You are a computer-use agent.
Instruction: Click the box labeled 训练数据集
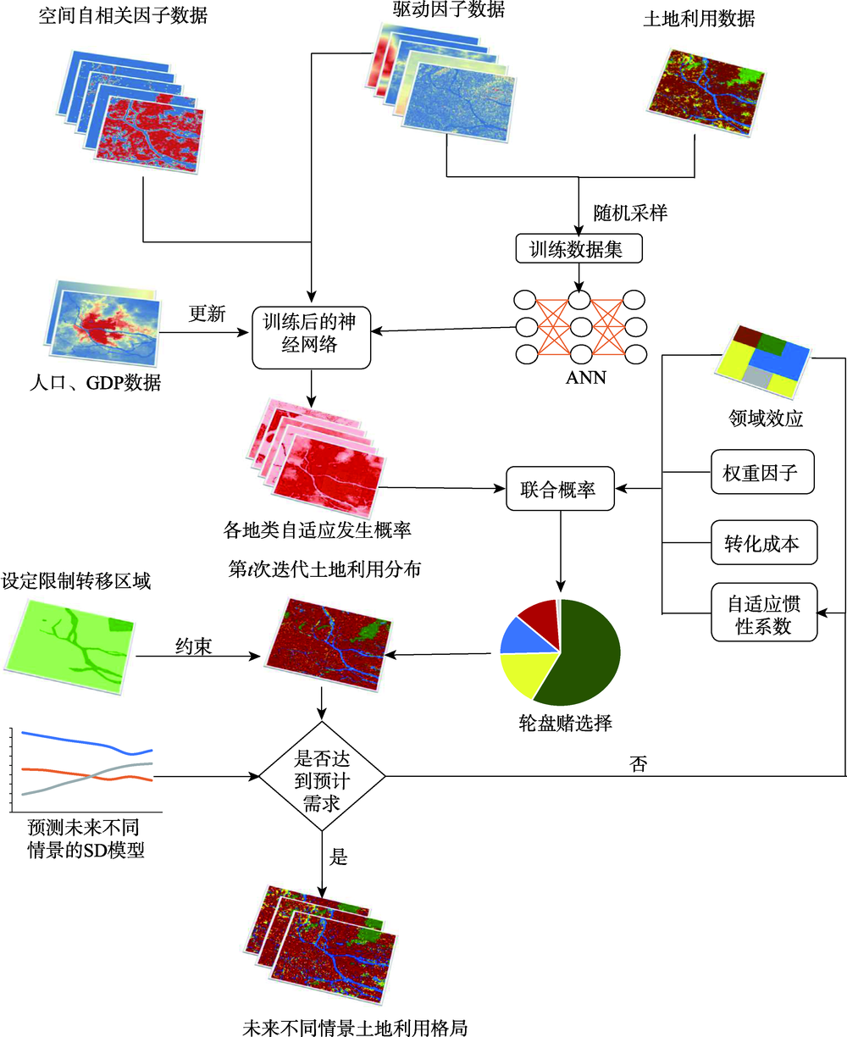(579, 249)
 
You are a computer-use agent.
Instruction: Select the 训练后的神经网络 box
(311, 337)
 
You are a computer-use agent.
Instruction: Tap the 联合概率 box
(560, 489)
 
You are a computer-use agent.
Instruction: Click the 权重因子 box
(762, 472)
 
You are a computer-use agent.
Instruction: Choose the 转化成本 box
(764, 542)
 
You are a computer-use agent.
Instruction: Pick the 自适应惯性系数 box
(764, 613)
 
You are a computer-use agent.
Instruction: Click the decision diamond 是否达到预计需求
(322, 776)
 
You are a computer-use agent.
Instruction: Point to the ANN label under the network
(585, 378)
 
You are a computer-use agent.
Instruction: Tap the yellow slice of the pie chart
(525, 673)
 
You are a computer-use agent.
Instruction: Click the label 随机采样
(630, 213)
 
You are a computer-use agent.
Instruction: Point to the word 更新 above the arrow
(207, 313)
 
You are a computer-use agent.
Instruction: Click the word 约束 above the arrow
(194, 646)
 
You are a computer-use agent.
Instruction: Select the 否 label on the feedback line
(638, 763)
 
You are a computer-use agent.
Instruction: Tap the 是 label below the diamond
(338, 857)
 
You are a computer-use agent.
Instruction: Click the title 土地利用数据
(699, 19)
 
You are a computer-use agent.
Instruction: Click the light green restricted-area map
(69, 646)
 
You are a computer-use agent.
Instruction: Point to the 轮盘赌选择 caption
(565, 723)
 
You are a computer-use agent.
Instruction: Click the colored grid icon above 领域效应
(761, 362)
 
